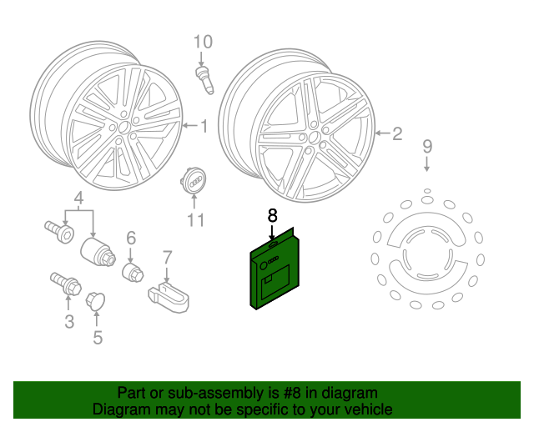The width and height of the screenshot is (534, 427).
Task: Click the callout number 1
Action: (203, 127)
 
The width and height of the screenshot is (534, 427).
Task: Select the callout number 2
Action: (397, 133)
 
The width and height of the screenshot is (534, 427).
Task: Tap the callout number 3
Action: (68, 321)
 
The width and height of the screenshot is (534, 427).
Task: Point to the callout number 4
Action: (79, 198)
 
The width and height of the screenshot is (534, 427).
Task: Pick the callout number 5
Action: (98, 338)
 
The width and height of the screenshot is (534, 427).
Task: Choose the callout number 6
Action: (130, 239)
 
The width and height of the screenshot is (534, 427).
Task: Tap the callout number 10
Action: (204, 41)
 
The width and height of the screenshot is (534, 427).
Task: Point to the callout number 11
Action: (195, 220)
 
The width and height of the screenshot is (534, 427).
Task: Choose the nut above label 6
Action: (131, 272)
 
